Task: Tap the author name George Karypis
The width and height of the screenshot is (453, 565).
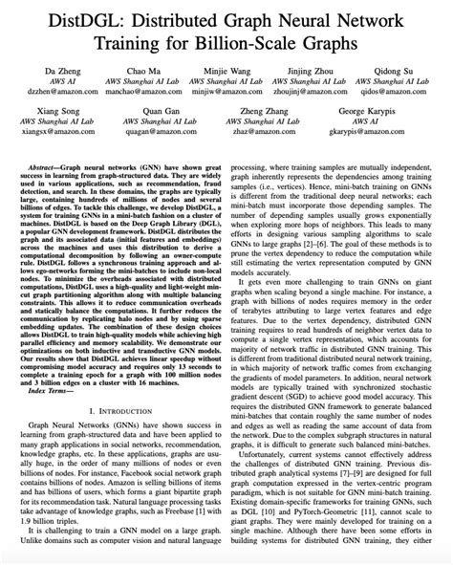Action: [377, 113]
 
